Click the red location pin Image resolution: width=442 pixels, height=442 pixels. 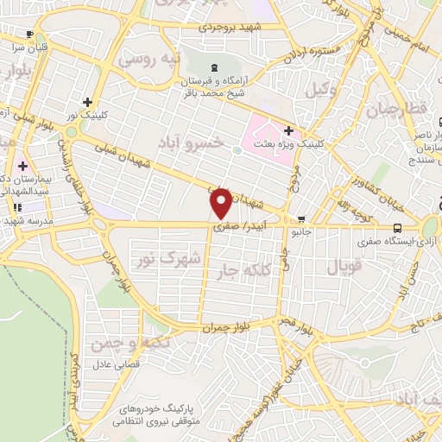click(x=221, y=203)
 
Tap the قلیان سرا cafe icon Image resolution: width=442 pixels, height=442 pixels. click(x=31, y=35)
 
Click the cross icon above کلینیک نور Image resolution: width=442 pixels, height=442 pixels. click(x=87, y=102)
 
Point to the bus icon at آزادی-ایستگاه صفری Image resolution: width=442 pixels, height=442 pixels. click(x=396, y=228)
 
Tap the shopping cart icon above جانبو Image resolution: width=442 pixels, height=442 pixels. click(x=300, y=219)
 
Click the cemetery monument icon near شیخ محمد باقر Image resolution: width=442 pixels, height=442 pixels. click(x=214, y=68)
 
